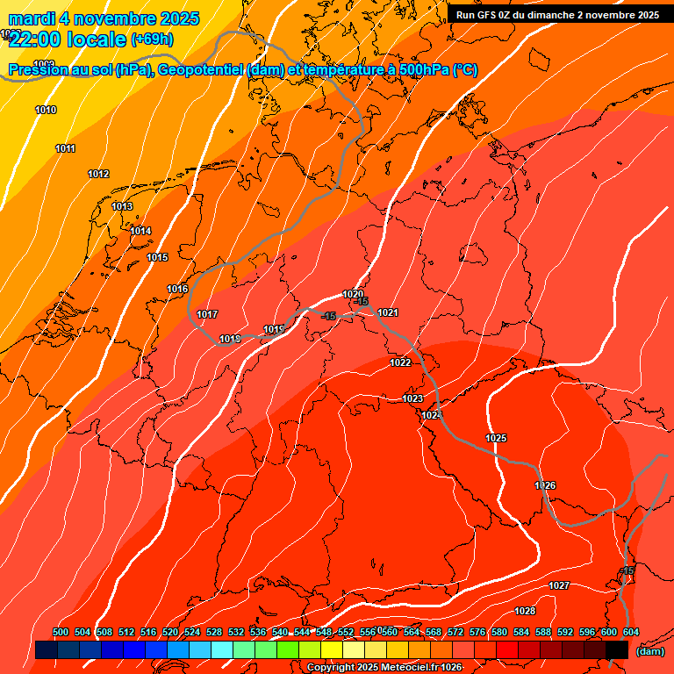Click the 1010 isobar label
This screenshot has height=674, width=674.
(x=46, y=110)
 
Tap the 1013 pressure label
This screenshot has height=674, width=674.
(x=122, y=206)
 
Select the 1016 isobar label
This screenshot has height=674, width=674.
(x=177, y=289)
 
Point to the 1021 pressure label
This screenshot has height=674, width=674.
(x=388, y=312)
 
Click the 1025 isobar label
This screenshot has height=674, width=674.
(x=496, y=437)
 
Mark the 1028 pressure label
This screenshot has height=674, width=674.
(x=525, y=611)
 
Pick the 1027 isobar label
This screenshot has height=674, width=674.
(x=559, y=585)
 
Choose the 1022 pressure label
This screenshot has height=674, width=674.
(x=400, y=362)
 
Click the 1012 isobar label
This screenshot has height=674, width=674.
(x=98, y=174)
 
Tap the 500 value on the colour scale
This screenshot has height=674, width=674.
(x=61, y=632)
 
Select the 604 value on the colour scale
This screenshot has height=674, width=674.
(x=630, y=632)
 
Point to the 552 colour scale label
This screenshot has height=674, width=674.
(x=346, y=632)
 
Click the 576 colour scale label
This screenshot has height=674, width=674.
(x=477, y=632)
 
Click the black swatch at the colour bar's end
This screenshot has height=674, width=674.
(x=617, y=649)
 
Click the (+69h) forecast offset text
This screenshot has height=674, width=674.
(x=153, y=39)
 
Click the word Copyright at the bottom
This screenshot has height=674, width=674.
(x=330, y=668)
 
